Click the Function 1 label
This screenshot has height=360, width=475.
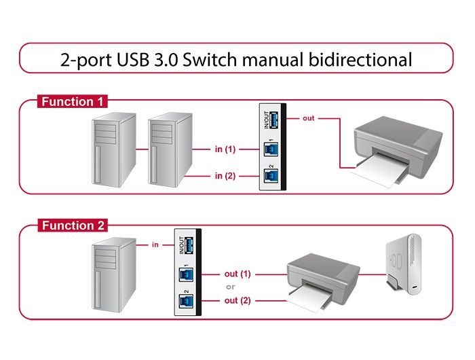tap(73, 102)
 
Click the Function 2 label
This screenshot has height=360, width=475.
tap(73, 226)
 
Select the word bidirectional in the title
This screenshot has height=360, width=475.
tap(360, 59)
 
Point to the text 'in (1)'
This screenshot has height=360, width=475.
tap(225, 149)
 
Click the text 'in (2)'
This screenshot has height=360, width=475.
tap(225, 176)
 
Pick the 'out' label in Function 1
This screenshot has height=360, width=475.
tap(309, 118)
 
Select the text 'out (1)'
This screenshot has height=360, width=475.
tap(237, 274)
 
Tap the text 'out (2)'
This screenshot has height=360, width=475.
tap(237, 300)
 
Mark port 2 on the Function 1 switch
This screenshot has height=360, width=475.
tap(269, 176)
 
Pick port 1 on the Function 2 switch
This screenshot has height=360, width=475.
tap(184, 274)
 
